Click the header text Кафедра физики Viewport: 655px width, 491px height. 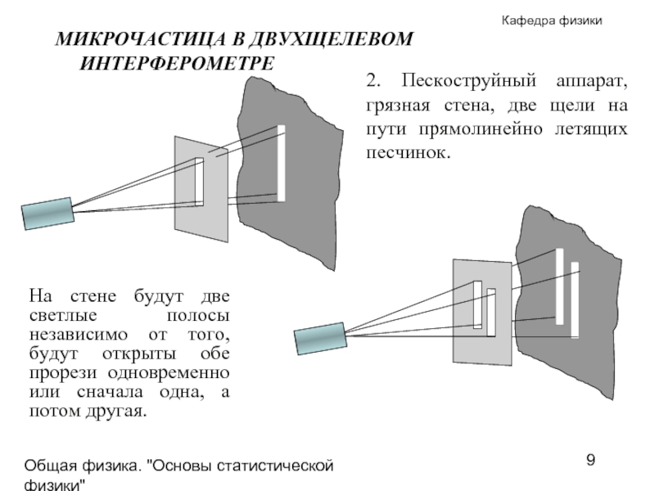click(552, 20)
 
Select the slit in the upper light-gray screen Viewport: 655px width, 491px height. click(199, 180)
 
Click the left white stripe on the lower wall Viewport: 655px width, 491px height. click(560, 286)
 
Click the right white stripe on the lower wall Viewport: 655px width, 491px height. click(575, 300)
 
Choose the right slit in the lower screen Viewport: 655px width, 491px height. click(491, 312)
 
